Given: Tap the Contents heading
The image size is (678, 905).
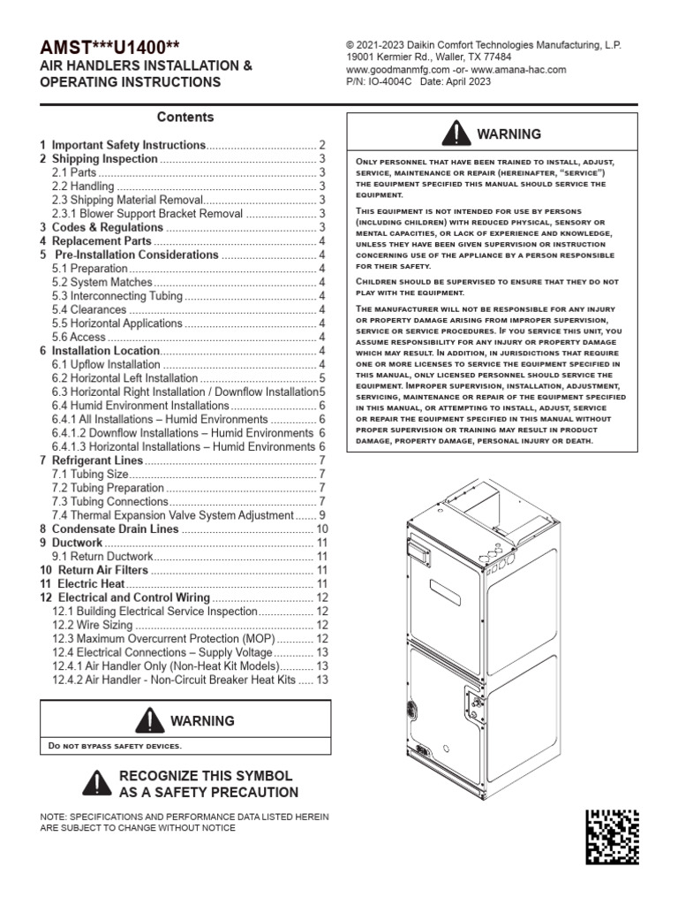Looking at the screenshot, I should pos(185,117).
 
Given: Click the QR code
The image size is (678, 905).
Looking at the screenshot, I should pos(613,836).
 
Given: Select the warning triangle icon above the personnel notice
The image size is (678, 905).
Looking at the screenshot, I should pos(456,133).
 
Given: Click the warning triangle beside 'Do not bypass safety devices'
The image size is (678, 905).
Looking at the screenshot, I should pos(149,720).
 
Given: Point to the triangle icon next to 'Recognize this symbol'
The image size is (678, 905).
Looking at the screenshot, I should pos(96,783).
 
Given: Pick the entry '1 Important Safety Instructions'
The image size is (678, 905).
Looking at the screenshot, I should pos(123,145).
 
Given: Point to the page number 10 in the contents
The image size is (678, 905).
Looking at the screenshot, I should pos(322,529).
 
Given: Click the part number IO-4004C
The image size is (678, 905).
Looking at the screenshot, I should pos(383,82).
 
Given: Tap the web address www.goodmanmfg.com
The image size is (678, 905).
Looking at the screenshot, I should pos(393,70).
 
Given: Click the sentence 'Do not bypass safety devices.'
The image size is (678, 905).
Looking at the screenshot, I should pos(115,746).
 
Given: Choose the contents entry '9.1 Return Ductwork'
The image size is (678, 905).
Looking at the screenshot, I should pos(102,557).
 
